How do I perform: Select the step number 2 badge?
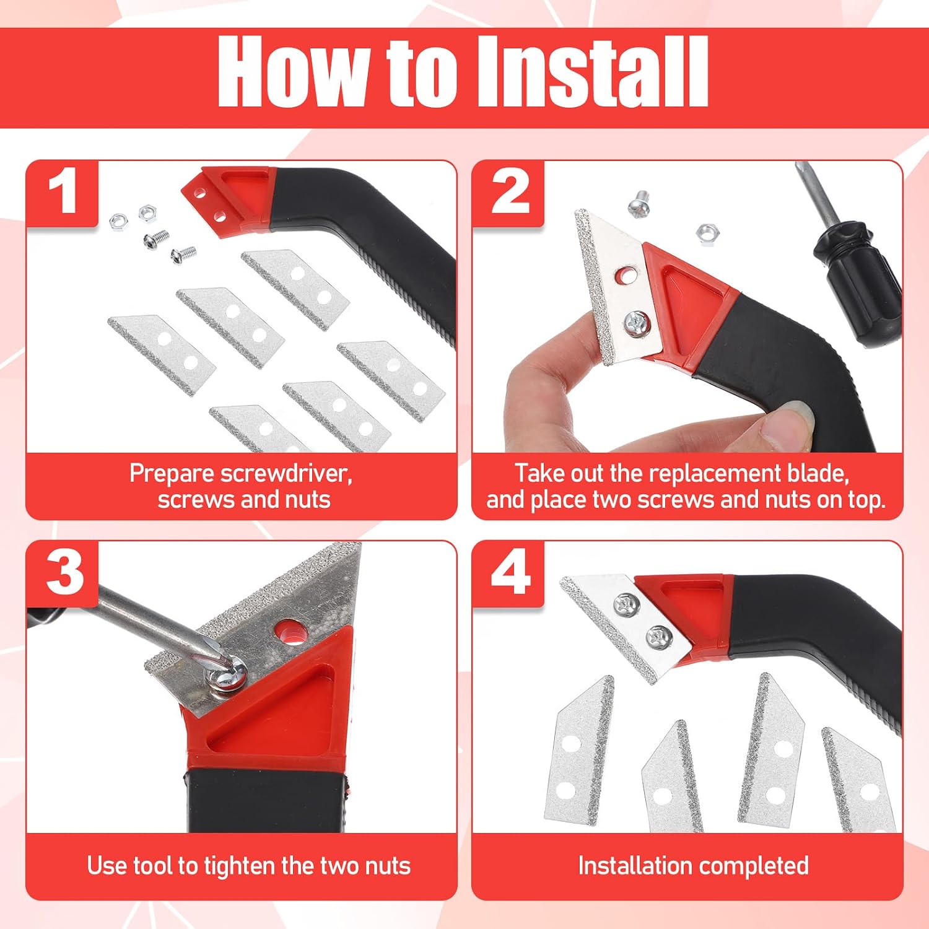(508, 193)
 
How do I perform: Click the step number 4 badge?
(508, 574)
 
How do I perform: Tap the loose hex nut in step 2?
(705, 233)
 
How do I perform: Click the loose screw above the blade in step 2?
(639, 204)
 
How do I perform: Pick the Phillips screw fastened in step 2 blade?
(636, 323)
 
